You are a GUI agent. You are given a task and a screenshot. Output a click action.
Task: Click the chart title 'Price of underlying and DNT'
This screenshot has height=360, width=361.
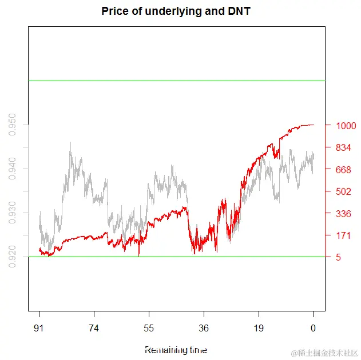(x=176, y=11)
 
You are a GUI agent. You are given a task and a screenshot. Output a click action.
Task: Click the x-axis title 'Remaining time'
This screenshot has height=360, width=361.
(x=176, y=350)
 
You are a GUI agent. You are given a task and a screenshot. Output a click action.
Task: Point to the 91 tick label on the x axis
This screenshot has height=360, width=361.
(x=39, y=329)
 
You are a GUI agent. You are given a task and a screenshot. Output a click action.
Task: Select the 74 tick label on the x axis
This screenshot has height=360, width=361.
(x=94, y=329)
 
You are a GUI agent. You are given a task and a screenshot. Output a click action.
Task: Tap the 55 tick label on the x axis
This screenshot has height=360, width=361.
(x=149, y=329)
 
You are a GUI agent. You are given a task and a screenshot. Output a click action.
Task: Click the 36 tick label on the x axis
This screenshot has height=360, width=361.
(x=204, y=329)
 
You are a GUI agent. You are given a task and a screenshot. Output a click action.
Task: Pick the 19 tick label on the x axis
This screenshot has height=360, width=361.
(x=259, y=329)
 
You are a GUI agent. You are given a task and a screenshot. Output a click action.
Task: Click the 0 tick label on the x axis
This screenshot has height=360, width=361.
(x=313, y=329)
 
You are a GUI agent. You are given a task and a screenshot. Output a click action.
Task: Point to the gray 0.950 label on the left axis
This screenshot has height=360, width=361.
(x=12, y=125)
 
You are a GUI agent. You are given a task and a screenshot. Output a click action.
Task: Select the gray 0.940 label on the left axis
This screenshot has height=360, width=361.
(x=12, y=169)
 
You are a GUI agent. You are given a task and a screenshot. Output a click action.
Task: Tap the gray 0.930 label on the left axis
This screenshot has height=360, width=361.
(x=12, y=213)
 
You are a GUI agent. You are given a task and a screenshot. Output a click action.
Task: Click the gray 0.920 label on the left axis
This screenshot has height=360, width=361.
(x=12, y=257)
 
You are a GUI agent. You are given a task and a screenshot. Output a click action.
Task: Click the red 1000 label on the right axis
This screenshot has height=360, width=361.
(x=346, y=126)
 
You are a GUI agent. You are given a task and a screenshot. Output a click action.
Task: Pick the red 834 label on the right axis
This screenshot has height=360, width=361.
(x=343, y=147)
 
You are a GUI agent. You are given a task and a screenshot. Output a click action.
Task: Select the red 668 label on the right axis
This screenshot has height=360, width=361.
(x=343, y=170)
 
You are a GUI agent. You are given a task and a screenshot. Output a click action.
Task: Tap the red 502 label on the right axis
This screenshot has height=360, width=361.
(x=343, y=191)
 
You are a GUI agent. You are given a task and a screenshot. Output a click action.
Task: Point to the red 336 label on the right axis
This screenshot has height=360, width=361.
(x=343, y=214)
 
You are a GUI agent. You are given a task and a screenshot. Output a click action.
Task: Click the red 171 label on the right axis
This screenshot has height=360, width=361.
(x=343, y=235)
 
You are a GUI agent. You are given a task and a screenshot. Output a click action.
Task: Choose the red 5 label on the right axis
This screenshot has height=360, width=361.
(x=339, y=258)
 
